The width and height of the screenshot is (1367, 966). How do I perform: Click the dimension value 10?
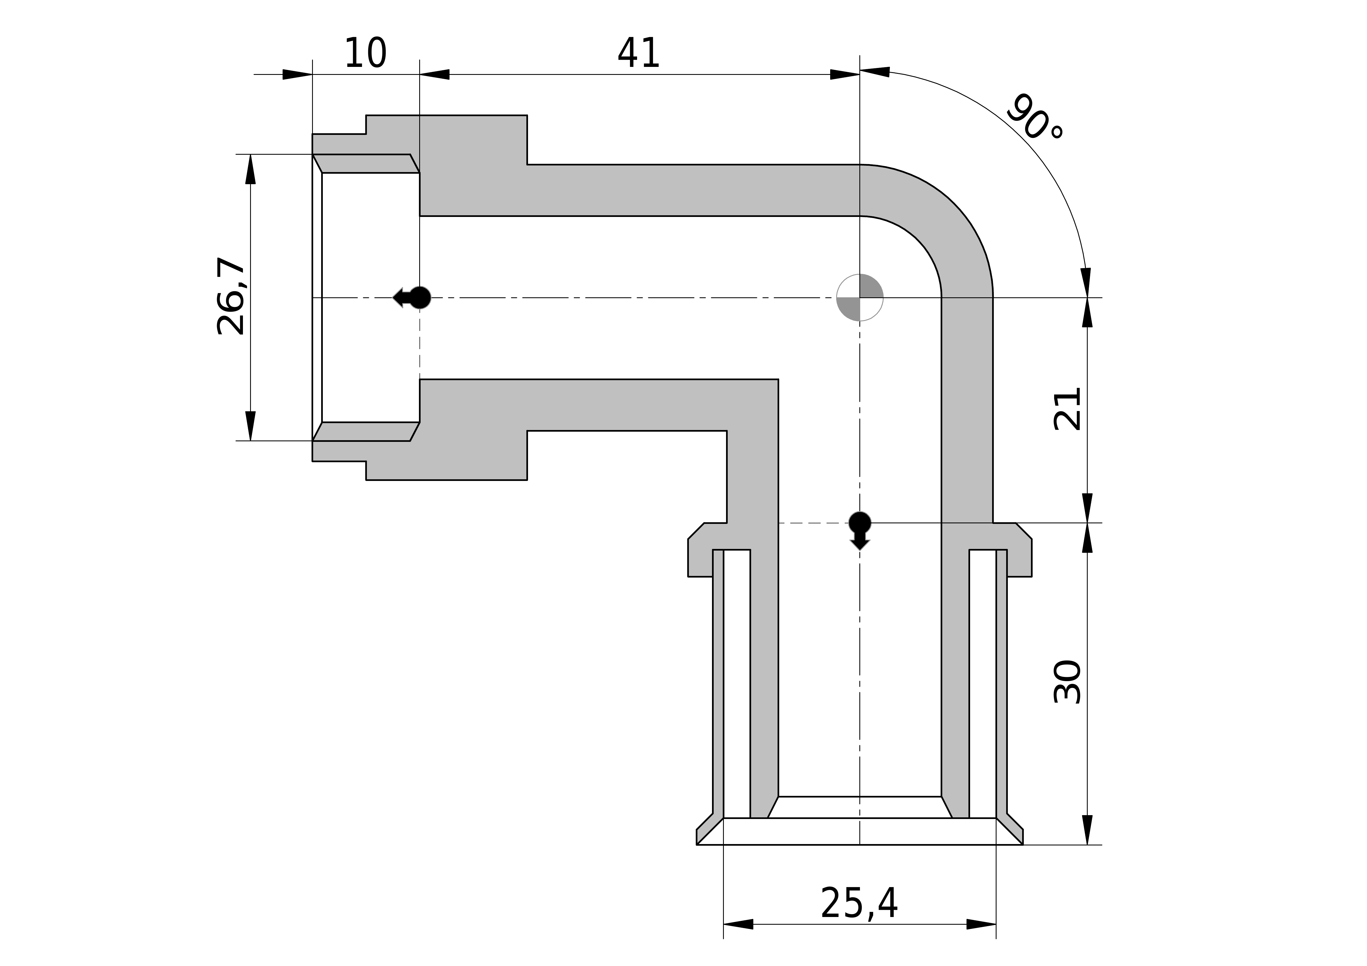pos(366,54)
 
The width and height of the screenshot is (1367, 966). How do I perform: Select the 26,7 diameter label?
pos(231,296)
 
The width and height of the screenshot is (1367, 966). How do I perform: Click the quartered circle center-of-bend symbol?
pos(860,298)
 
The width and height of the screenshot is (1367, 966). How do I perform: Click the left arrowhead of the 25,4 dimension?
pos(738,924)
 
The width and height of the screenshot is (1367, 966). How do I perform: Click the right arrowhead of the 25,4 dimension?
pos(981,924)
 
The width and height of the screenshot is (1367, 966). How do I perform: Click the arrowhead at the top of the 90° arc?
pos(875,72)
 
